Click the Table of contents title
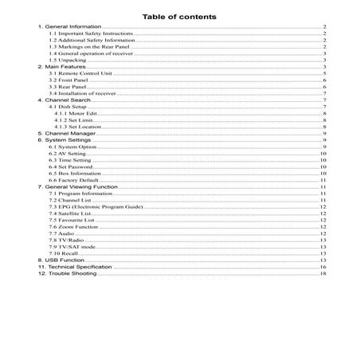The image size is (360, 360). (179, 15)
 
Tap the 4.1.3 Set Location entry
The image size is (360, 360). (77, 127)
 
